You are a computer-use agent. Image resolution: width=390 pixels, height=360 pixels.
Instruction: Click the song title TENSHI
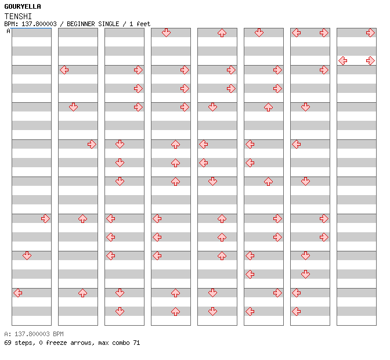(18, 16)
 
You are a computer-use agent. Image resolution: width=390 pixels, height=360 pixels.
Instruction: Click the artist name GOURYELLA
(23, 6)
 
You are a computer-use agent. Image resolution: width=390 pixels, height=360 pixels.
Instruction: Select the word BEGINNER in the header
(81, 24)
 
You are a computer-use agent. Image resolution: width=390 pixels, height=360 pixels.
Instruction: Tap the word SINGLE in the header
(109, 24)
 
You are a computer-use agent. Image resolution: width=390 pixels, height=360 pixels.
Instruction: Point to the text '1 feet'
(140, 24)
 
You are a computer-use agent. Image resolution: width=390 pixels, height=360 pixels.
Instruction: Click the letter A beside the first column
(8, 31)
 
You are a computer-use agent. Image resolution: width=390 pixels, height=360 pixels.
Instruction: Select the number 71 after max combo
(136, 343)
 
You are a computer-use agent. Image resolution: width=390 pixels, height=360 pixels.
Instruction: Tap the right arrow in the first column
(45, 219)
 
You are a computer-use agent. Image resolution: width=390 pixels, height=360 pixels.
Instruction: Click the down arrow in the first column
(27, 255)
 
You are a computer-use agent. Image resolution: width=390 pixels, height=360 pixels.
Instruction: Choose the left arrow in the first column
(17, 293)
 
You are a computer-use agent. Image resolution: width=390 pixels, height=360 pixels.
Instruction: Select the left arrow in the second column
(64, 70)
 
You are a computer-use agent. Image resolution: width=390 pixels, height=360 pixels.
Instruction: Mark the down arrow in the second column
(73, 107)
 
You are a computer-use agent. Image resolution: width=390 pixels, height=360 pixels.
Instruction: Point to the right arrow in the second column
(92, 145)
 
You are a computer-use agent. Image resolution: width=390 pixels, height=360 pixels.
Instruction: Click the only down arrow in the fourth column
(166, 33)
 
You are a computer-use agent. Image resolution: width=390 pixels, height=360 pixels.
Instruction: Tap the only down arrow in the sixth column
(259, 33)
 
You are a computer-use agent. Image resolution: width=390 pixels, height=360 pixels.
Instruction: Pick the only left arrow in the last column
(343, 61)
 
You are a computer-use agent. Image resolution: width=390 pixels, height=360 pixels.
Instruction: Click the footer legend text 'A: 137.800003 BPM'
(34, 334)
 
